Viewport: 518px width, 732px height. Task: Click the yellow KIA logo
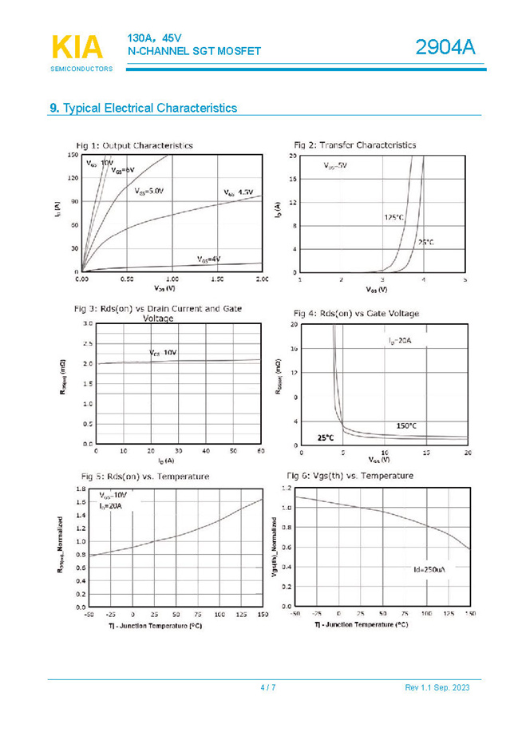77,47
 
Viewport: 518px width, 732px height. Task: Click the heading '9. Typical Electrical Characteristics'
143,108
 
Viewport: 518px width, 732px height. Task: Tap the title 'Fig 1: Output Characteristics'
134,145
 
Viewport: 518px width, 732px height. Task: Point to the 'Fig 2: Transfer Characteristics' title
354,145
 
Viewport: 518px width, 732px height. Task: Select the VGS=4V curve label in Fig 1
208,259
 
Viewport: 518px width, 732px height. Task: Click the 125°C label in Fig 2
393,216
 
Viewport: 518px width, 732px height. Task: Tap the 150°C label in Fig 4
407,425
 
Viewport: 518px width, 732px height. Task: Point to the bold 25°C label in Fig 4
326,437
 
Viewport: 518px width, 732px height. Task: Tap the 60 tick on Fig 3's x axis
260,451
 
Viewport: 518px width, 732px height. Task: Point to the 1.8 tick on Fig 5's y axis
81,488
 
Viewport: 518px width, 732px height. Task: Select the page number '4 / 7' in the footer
268,688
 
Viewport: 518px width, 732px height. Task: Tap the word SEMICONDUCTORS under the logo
81,69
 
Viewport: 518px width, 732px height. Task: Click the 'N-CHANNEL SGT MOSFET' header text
194,51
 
